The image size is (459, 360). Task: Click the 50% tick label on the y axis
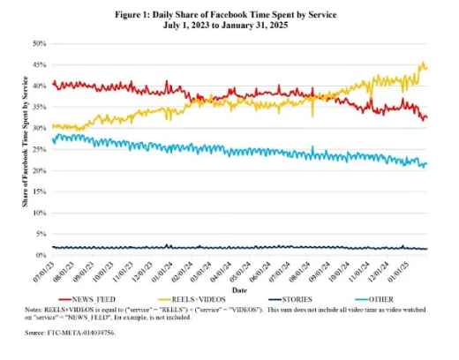click(x=40, y=43)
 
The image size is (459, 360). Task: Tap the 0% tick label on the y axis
click(x=41, y=255)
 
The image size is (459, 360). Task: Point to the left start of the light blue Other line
click(x=53, y=141)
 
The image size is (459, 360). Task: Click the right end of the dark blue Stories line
click(x=427, y=249)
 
